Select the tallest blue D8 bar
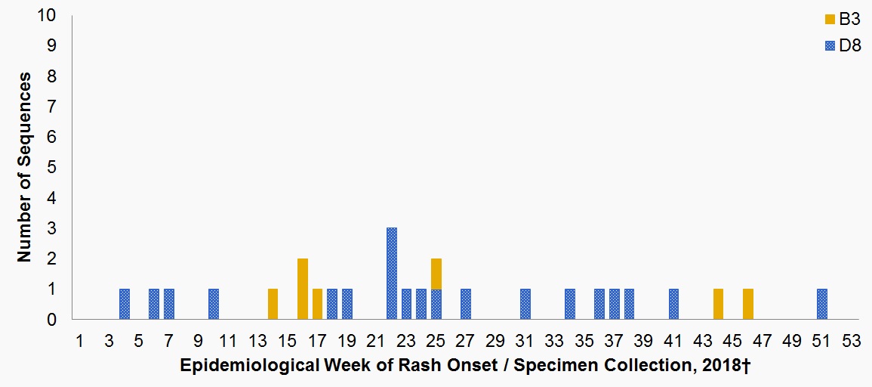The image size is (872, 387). click(392, 274)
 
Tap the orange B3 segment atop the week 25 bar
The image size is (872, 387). click(436, 274)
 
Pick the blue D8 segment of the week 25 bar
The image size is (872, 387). click(436, 304)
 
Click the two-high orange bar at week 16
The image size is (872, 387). click(303, 289)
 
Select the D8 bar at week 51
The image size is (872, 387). click(822, 304)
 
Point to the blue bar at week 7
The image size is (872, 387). click(169, 304)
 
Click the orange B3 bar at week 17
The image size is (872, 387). click(318, 304)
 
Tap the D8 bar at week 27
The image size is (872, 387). click(466, 304)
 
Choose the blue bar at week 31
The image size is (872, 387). click(525, 304)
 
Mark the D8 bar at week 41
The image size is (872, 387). click(673, 304)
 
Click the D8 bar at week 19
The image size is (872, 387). click(347, 304)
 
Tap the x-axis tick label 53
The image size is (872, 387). click(851, 340)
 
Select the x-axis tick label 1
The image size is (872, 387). click(79, 340)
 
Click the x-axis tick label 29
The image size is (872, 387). click(495, 340)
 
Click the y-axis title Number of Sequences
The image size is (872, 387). click(25, 167)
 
